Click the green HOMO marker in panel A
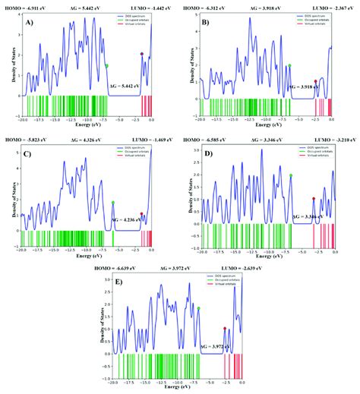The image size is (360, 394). coord(107,66)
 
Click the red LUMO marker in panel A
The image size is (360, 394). coord(142,53)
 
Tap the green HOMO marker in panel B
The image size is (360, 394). coord(289,65)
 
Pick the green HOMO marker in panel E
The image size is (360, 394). coord(199,308)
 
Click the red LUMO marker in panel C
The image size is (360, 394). coord(142,214)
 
